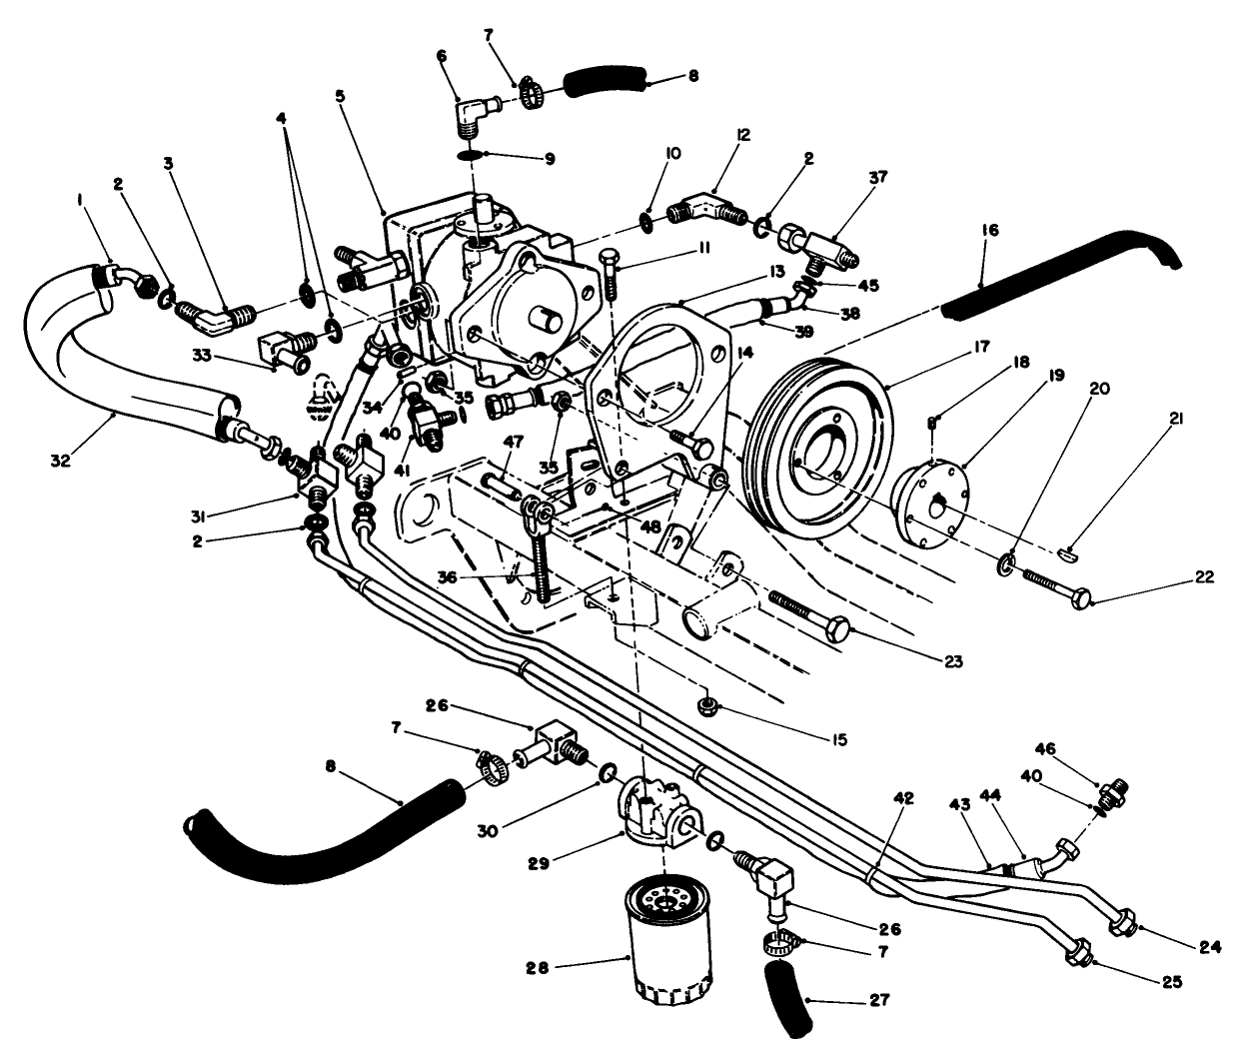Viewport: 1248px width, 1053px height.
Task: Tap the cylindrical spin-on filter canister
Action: pos(668,940)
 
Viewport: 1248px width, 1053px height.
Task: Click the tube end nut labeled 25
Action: pos(1077,952)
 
